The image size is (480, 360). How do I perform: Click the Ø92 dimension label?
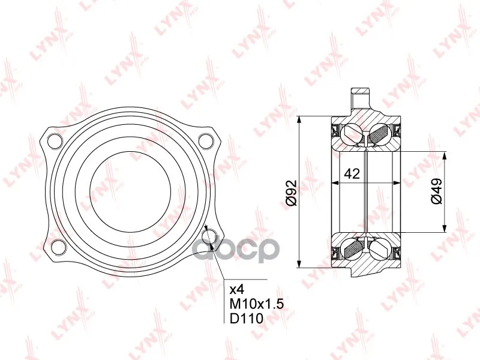292,193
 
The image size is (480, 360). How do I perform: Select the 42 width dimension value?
352,174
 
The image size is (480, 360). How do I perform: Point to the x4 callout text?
236,289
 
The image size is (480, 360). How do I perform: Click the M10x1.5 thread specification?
257,304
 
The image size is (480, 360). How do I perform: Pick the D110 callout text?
247,319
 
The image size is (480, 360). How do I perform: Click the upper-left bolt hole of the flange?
55,141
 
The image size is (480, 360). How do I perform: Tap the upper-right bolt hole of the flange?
206,140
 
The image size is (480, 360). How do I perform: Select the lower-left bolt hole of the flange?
58,247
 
